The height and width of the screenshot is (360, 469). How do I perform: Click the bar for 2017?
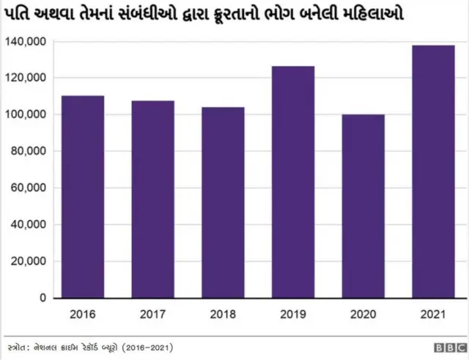point(153,199)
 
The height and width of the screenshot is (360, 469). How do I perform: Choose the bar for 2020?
point(363,206)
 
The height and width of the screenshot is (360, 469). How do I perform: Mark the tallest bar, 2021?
point(433,172)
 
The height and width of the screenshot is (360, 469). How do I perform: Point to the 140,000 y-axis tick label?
point(26,42)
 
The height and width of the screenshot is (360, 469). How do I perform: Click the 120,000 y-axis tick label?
point(26,78)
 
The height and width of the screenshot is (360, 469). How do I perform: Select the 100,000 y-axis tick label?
point(26,114)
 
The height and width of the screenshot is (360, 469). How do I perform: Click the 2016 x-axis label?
point(83,315)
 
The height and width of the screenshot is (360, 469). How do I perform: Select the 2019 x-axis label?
point(293,315)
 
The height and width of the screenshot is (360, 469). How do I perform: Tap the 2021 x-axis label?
point(433,315)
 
